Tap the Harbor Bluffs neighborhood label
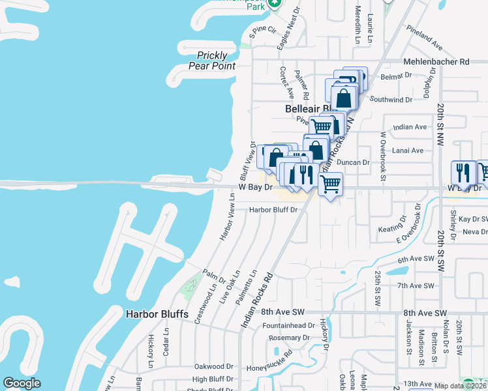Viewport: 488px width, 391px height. [x=157, y=314]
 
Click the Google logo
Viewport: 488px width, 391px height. [x=22, y=383]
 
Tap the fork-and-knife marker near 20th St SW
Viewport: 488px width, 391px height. [x=464, y=173]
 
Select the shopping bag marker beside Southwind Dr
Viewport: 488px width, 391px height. [x=344, y=99]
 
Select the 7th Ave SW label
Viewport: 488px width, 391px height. [x=416, y=285]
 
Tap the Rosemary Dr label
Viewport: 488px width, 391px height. [x=292, y=338]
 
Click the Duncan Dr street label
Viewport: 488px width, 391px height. [x=357, y=162]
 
